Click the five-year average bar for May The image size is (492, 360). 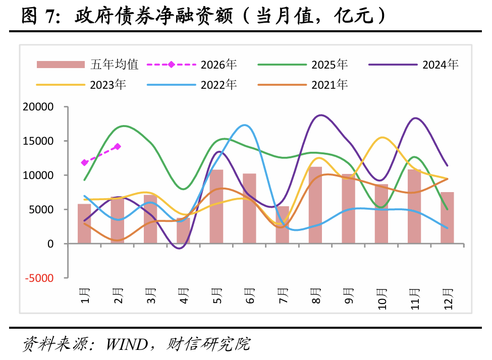coord(216,207)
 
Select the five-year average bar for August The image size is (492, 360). coord(315,205)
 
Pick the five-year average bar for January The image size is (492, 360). coord(84,224)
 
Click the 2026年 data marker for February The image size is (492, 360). coord(118,147)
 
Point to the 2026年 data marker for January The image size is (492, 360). coord(85,163)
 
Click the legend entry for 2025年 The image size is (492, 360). coord(302,65)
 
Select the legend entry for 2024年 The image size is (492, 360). coord(413,65)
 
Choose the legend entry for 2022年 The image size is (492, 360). coord(191,84)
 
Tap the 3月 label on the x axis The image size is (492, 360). coord(150,294)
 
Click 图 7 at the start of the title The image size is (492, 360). coord(37,17)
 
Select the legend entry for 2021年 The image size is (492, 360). coord(302,84)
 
